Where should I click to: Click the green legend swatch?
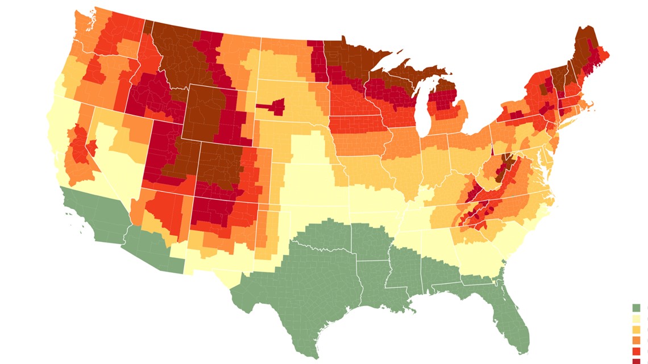click(636, 308)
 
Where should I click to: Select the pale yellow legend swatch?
click(636, 319)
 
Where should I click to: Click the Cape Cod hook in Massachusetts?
click(594, 103)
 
